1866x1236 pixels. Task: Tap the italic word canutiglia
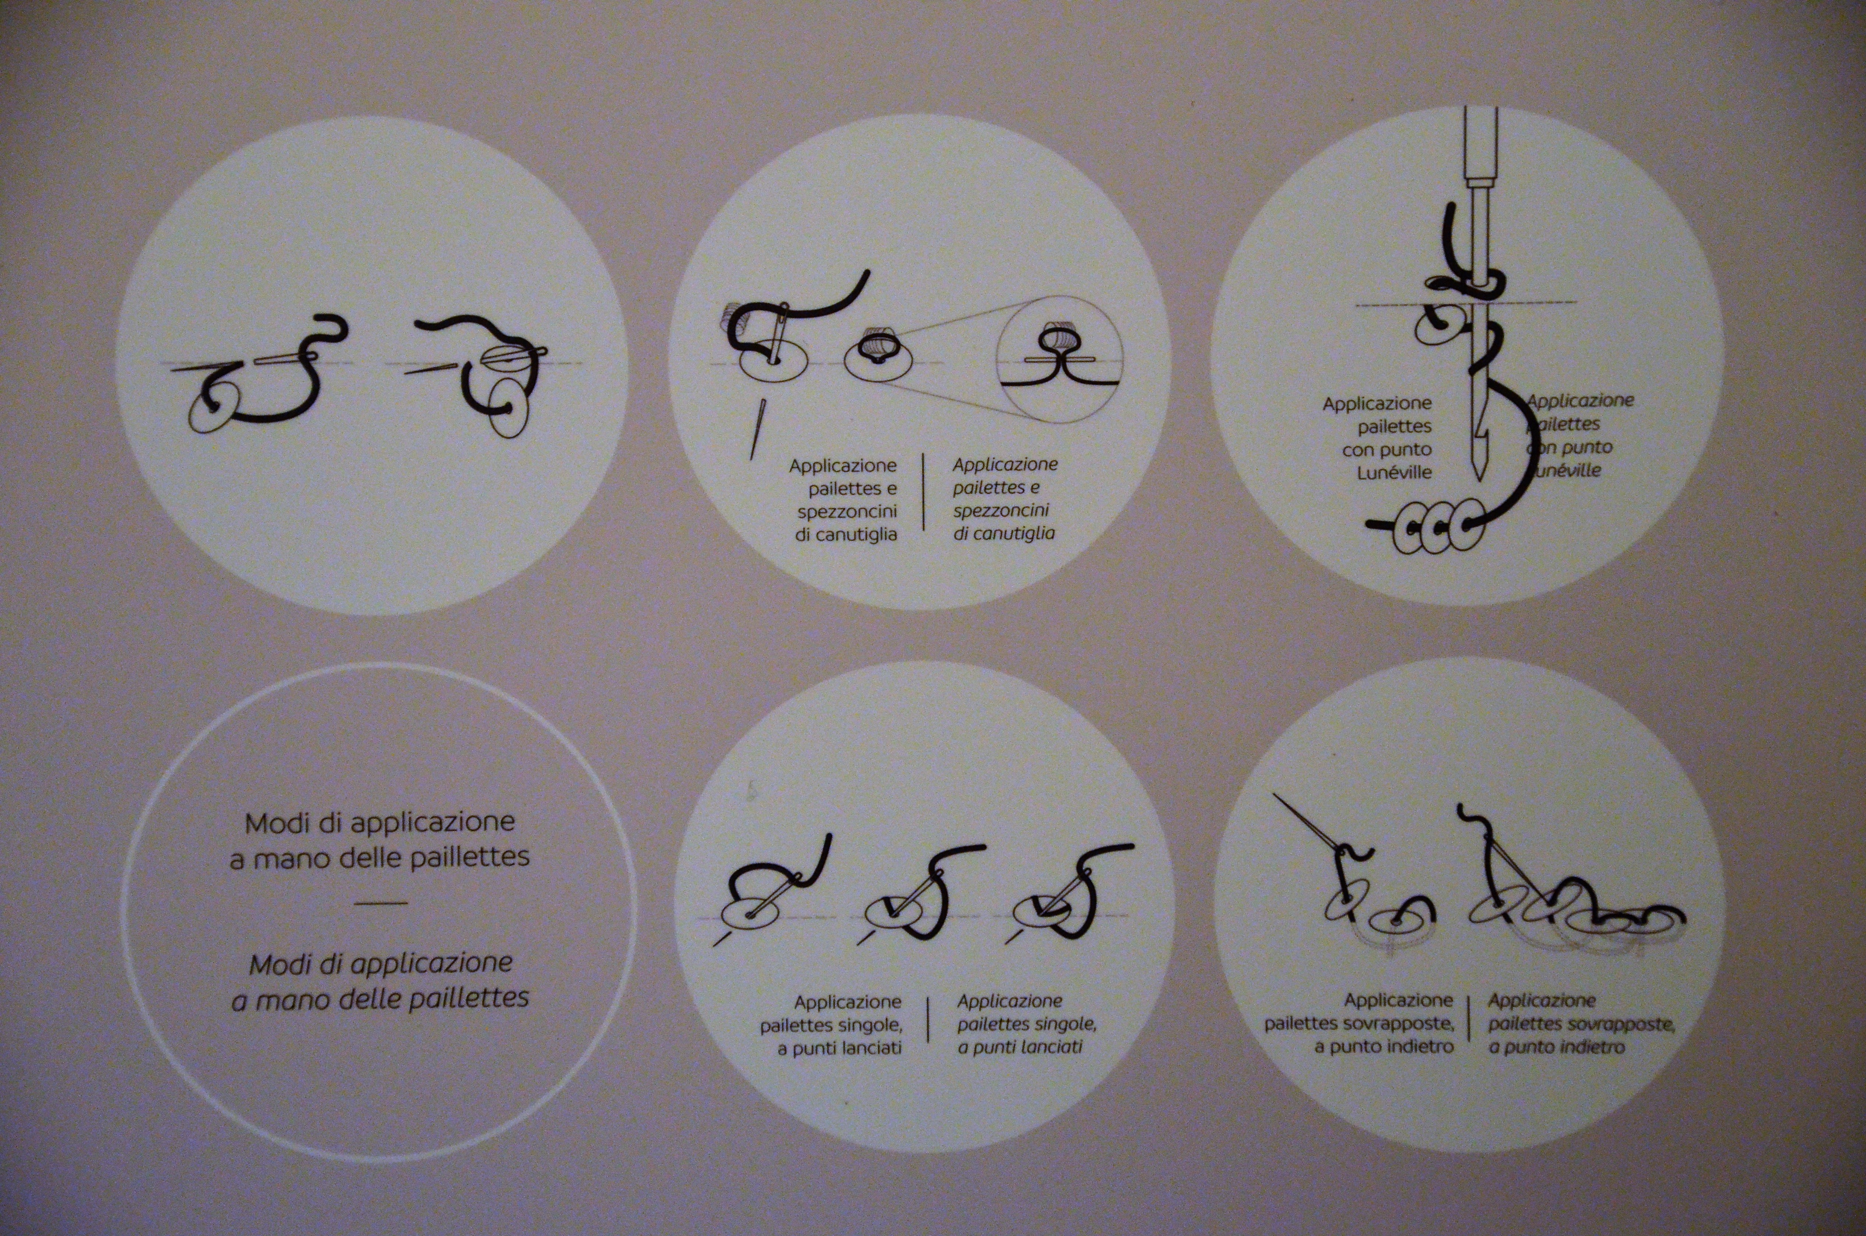tap(1004, 534)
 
